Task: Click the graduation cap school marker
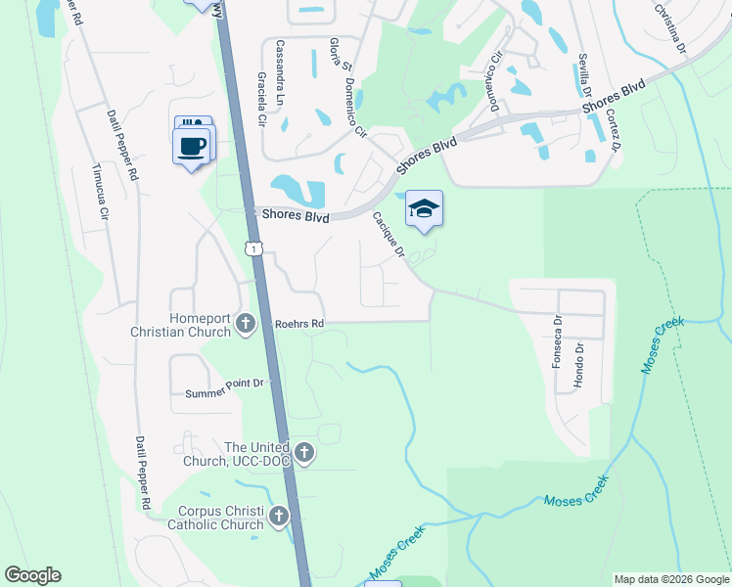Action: click(424, 208)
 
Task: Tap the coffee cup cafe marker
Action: click(192, 147)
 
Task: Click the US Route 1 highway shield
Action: click(254, 250)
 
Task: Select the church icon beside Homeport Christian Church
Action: click(246, 323)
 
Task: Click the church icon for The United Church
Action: click(304, 453)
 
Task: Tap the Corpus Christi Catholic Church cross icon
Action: click(279, 516)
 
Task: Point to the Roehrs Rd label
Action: click(298, 323)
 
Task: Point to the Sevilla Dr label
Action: click(584, 75)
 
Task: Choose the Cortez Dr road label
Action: click(614, 130)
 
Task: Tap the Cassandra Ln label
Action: click(280, 60)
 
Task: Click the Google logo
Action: click(32, 575)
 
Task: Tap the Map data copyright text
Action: click(670, 579)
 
